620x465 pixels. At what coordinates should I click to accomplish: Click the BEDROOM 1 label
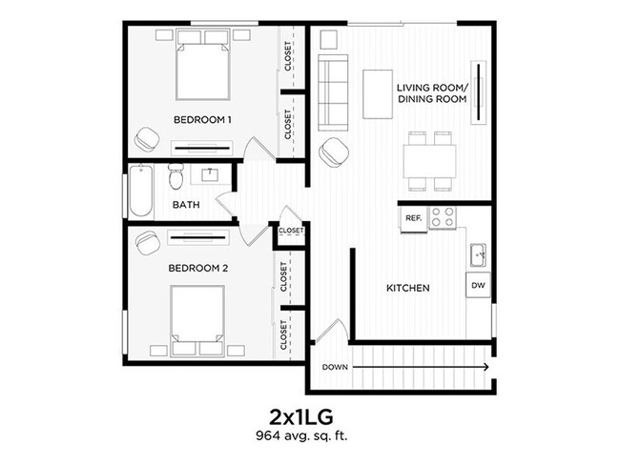(x=202, y=120)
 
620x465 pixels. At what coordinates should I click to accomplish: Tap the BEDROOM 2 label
(x=198, y=269)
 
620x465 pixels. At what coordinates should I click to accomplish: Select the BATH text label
(x=185, y=205)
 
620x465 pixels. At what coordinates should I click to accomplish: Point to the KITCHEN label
(x=407, y=288)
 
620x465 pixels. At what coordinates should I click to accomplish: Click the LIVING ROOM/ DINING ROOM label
(x=431, y=93)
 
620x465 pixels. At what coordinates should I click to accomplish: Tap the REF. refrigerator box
(x=413, y=218)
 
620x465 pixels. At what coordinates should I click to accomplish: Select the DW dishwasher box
(x=477, y=284)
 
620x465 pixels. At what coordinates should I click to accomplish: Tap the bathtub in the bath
(x=141, y=192)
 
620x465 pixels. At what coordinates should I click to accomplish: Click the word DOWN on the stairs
(x=335, y=367)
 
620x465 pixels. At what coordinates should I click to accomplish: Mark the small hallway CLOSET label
(x=291, y=231)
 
